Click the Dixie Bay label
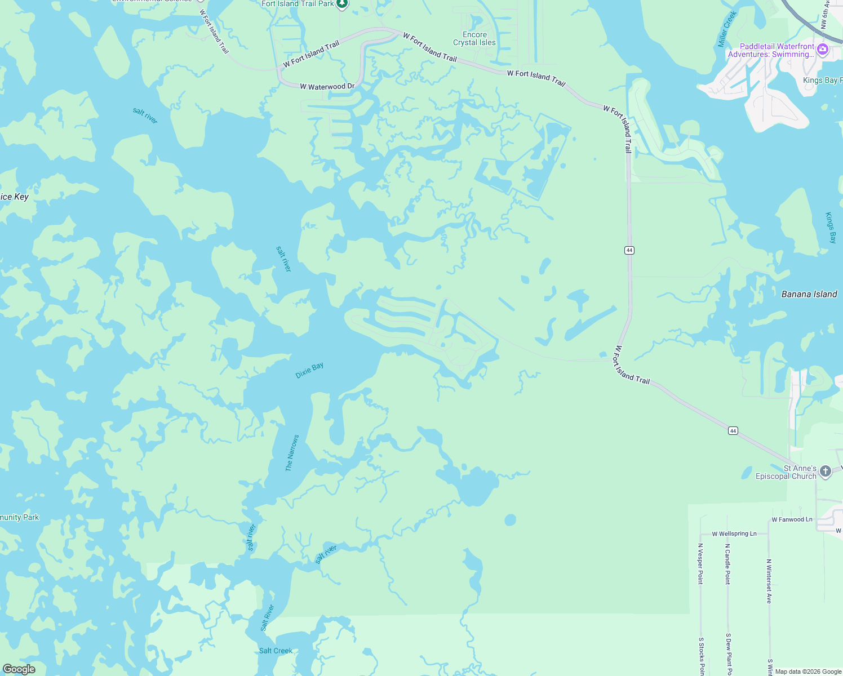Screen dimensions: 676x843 (x=309, y=370)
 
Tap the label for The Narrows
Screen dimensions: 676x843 (x=292, y=453)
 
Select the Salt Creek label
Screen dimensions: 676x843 (x=276, y=651)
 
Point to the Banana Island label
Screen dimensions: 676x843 (x=809, y=294)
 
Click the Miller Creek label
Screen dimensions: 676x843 (x=727, y=29)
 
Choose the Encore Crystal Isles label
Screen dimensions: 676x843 (x=474, y=38)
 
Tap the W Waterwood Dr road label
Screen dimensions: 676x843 (x=327, y=87)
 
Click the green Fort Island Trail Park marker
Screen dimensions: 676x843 (x=342, y=5)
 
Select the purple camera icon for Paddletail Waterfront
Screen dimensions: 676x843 (x=823, y=50)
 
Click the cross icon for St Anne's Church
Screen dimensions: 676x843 (x=825, y=472)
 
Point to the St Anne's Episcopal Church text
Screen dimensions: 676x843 (x=786, y=472)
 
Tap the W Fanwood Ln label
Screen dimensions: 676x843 (x=792, y=519)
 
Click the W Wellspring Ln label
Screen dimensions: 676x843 (x=734, y=533)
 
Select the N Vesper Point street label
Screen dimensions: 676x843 (x=700, y=563)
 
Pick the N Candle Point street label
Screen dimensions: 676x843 (x=727, y=563)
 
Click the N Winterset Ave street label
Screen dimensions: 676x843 (x=769, y=581)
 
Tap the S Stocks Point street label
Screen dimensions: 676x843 (x=701, y=656)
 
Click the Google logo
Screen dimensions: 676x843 (x=19, y=669)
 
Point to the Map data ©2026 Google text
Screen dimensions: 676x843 (x=808, y=671)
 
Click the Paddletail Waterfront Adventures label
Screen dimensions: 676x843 (x=771, y=51)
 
